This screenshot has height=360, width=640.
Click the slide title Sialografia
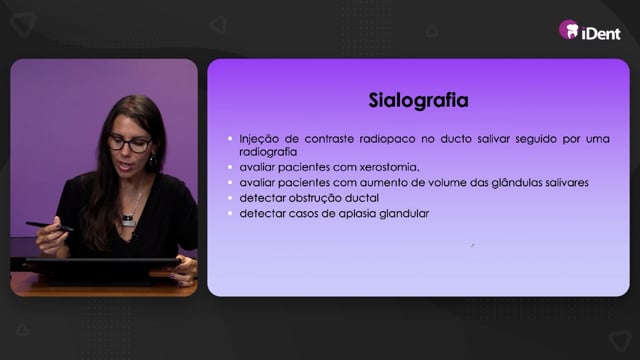click(x=418, y=100)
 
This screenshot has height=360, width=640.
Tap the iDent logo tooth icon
click(x=569, y=30)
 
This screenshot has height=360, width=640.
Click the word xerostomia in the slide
click(x=389, y=167)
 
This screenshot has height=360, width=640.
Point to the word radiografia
click(x=268, y=152)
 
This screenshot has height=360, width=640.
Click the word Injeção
click(x=259, y=139)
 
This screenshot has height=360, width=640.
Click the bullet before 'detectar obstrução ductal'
click(x=230, y=198)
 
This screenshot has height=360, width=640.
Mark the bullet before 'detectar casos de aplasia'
click(x=230, y=213)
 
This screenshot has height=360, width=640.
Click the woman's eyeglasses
click(x=130, y=144)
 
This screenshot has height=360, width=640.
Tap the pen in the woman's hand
click(x=49, y=226)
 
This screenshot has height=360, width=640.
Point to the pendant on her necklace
click(x=129, y=220)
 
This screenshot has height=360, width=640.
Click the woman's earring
click(x=153, y=160)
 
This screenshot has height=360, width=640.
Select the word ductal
click(x=362, y=198)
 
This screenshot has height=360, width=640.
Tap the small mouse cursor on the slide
click(x=473, y=245)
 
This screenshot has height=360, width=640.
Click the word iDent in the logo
click(x=601, y=33)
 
